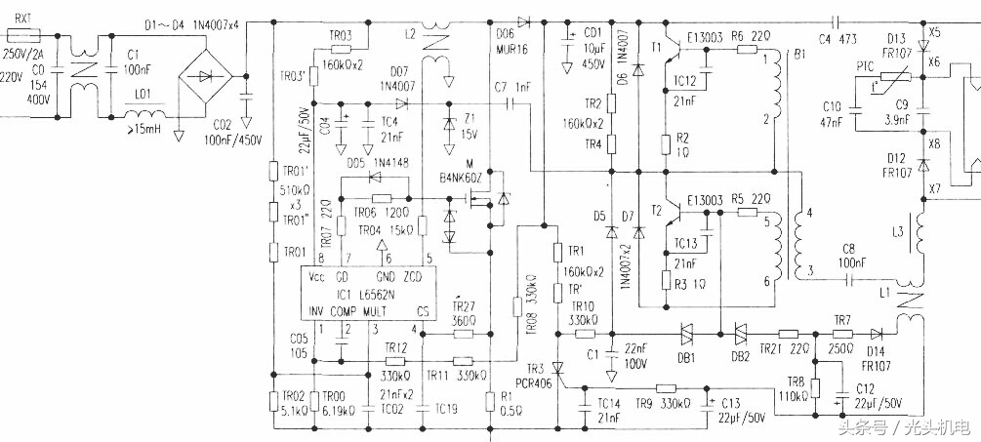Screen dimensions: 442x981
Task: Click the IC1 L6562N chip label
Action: (366, 293)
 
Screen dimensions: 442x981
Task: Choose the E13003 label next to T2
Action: (706, 199)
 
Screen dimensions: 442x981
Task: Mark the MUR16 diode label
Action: (510, 46)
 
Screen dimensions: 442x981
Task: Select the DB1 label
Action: (685, 358)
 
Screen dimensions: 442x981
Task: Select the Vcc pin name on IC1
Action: (316, 277)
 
